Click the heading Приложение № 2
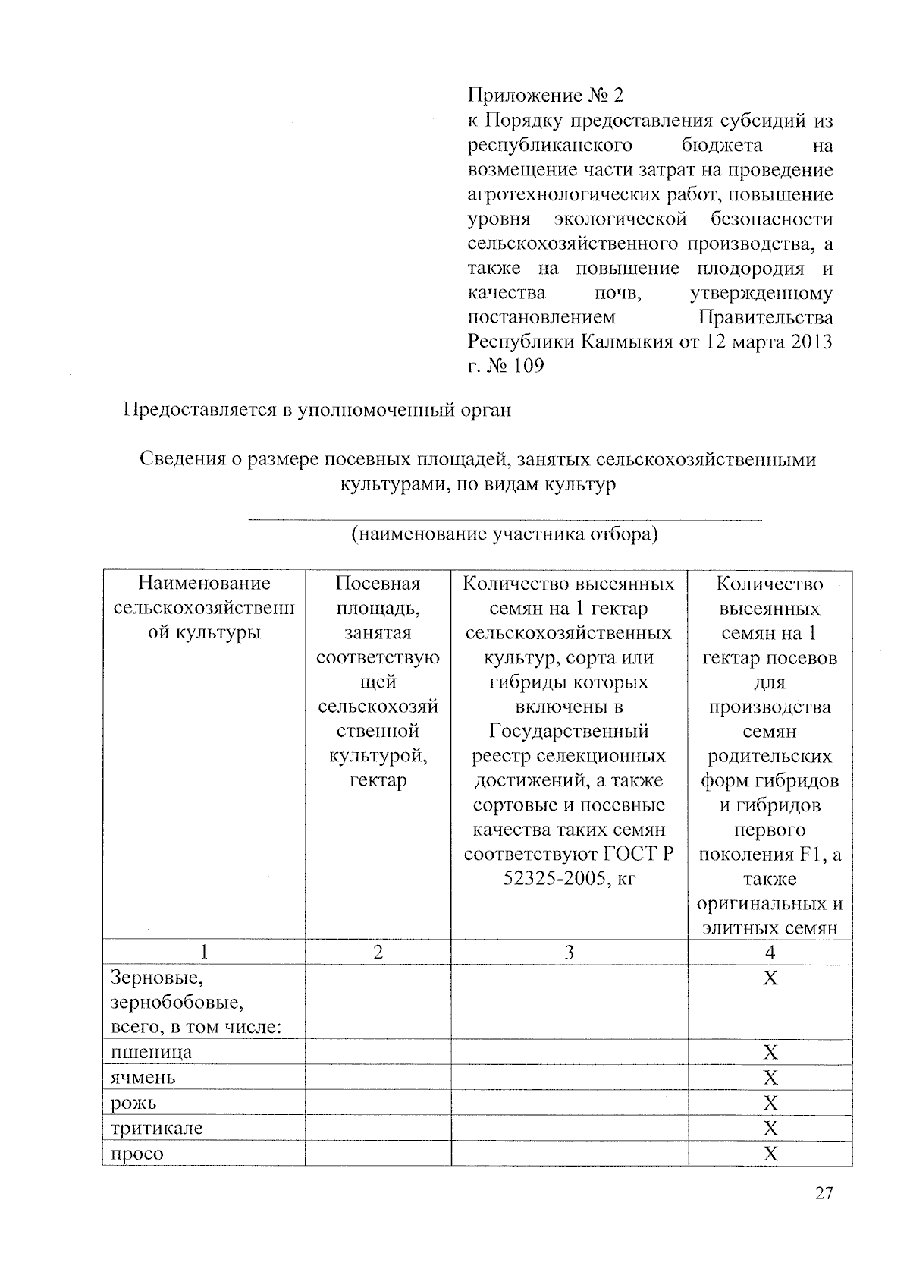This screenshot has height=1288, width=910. click(544, 96)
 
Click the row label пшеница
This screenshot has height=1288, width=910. click(152, 1052)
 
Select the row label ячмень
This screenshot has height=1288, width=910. click(143, 1077)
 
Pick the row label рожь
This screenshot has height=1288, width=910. click(134, 1103)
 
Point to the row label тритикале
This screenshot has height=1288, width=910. click(157, 1128)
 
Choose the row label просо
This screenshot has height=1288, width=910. click(137, 1154)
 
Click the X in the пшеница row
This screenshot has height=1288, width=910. click(770, 1052)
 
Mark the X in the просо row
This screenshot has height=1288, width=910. click(770, 1154)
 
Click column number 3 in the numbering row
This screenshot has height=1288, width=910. click(569, 952)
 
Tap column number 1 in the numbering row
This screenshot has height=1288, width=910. click(204, 952)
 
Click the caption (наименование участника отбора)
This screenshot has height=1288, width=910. click(504, 534)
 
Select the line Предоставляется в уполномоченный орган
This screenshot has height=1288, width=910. click(318, 410)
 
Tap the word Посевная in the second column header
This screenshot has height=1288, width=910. click(378, 584)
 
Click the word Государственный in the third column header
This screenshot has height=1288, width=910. click(569, 731)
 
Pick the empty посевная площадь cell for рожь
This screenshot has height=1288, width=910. click(378, 1103)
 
